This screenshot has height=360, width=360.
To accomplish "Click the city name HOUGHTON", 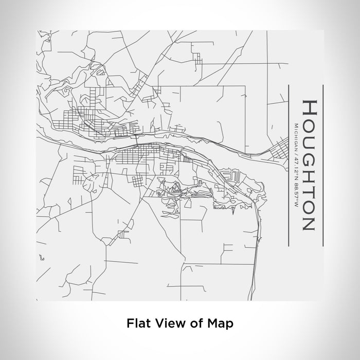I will (x=308, y=164).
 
